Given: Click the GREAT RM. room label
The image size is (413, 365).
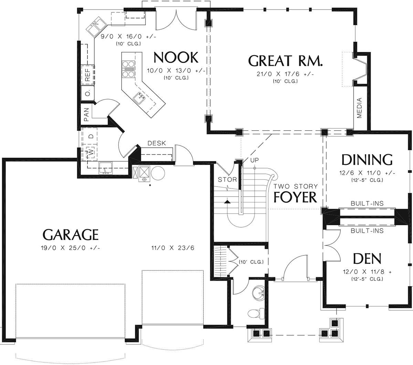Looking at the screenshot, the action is [x=285, y=61].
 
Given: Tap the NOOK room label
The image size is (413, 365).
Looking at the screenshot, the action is [x=176, y=58].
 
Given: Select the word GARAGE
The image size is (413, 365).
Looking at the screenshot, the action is [x=71, y=234].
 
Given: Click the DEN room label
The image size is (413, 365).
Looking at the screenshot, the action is [x=367, y=259].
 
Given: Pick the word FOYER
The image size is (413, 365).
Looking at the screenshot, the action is [x=295, y=197].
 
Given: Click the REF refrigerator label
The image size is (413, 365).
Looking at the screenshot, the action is [x=87, y=75].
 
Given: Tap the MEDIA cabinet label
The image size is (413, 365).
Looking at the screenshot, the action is [x=359, y=108].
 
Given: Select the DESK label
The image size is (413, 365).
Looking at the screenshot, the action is [x=157, y=143].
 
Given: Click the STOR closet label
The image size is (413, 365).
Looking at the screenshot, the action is [x=227, y=179].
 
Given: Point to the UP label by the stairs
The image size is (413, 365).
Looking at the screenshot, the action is [x=254, y=160].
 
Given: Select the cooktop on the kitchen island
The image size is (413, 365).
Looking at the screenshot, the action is [x=128, y=69].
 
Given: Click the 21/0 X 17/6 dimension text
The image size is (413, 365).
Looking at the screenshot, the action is [x=285, y=74].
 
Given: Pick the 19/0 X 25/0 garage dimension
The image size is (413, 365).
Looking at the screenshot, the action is [x=71, y=248].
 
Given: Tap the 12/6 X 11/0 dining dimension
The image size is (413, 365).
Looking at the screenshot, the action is [x=367, y=173].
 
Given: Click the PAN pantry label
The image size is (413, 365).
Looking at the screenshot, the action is [x=86, y=115].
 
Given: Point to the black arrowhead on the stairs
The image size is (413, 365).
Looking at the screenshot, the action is [x=227, y=202].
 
